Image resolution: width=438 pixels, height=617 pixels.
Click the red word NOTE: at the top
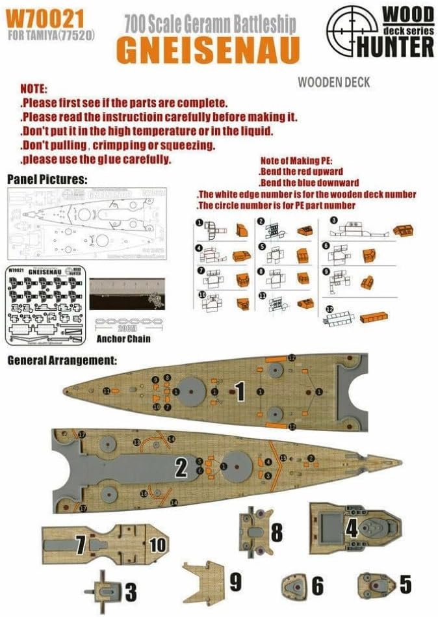point(33,88)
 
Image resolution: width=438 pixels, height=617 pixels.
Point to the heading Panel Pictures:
point(47,178)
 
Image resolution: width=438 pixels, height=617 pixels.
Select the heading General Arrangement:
point(62,359)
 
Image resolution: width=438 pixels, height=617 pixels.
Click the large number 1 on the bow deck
point(240,391)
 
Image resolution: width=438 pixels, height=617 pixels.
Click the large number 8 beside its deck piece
point(277,532)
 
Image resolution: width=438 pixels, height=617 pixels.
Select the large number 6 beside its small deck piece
point(317,586)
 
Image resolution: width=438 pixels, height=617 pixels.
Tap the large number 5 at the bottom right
point(405,584)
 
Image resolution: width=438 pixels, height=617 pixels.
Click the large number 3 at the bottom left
point(131,592)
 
